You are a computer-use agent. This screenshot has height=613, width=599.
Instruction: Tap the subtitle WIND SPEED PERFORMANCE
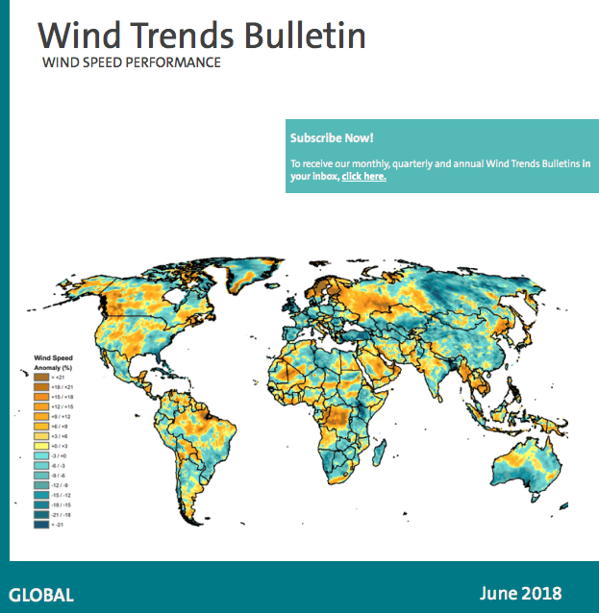pos(132,63)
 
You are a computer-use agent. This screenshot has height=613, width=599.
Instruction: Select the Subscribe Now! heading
pos(331,137)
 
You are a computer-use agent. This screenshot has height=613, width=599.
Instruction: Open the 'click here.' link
pos(363,177)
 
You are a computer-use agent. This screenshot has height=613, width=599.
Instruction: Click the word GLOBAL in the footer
pos(41,594)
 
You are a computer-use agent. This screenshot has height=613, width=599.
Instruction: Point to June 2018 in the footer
pos(519,593)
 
